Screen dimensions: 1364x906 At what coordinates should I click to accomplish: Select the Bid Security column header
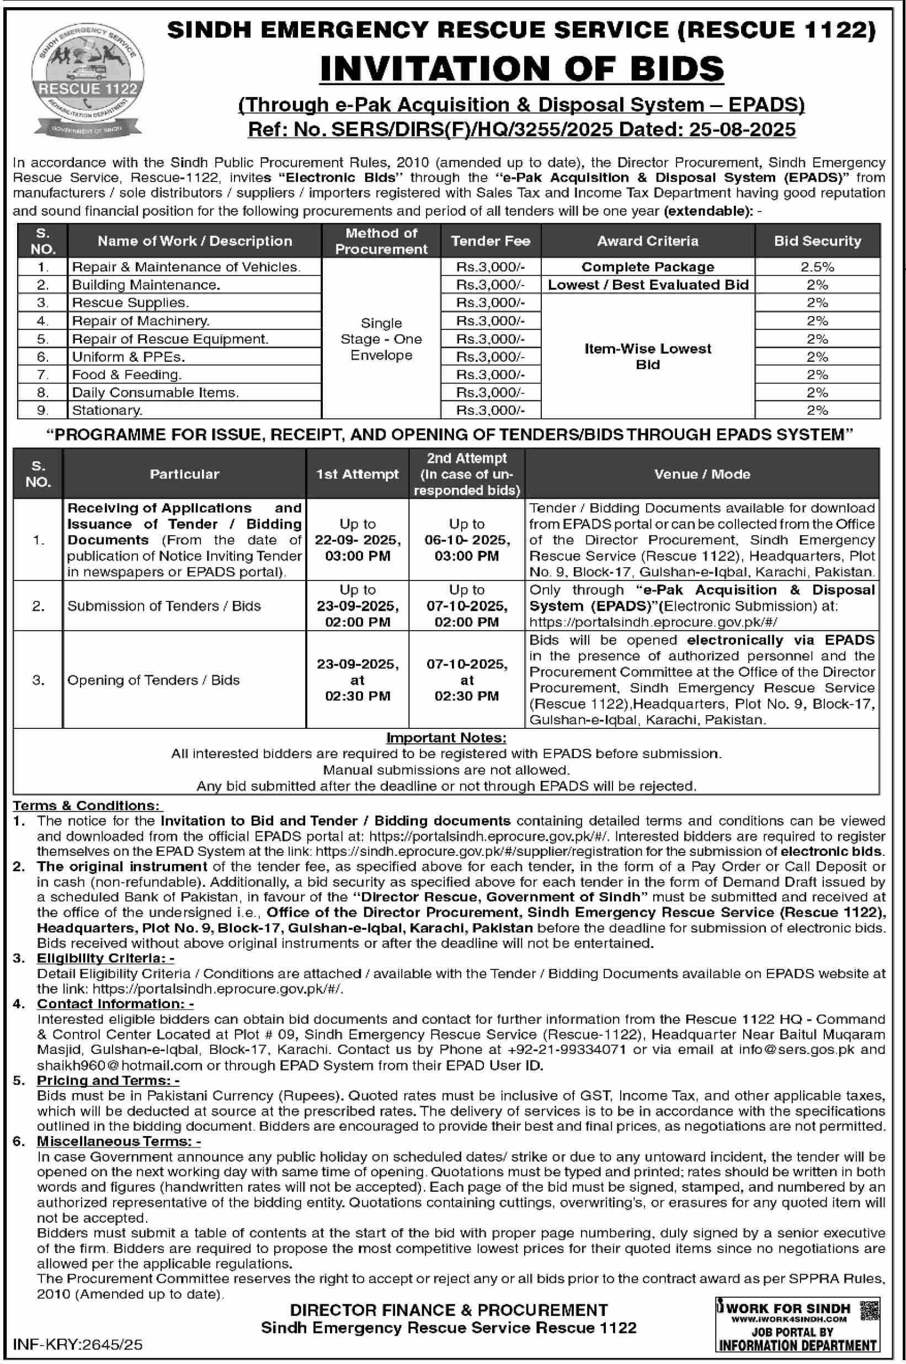pyautogui.click(x=817, y=241)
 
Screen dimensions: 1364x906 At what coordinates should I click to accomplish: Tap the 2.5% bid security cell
pyautogui.click(x=817, y=267)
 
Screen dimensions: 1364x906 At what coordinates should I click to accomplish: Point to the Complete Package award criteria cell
pyautogui.click(x=647, y=267)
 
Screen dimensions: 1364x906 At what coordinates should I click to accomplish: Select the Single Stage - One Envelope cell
pyautogui.click(x=381, y=339)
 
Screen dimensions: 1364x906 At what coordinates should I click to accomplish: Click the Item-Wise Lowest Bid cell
pyautogui.click(x=647, y=356)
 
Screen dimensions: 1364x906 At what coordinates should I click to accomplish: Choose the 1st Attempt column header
pyautogui.click(x=357, y=475)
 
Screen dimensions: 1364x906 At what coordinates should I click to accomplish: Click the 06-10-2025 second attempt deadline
pyautogui.click(x=467, y=540)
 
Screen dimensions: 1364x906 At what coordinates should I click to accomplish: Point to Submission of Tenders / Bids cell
pyautogui.click(x=164, y=606)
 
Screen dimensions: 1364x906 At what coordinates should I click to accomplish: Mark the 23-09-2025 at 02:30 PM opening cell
pyautogui.click(x=357, y=680)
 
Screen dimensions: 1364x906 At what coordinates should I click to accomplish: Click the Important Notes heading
pyautogui.click(x=446, y=738)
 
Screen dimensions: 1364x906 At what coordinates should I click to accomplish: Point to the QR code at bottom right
pyautogui.click(x=870, y=1310)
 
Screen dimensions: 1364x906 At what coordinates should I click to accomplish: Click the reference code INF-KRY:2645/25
pyautogui.click(x=77, y=1344)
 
